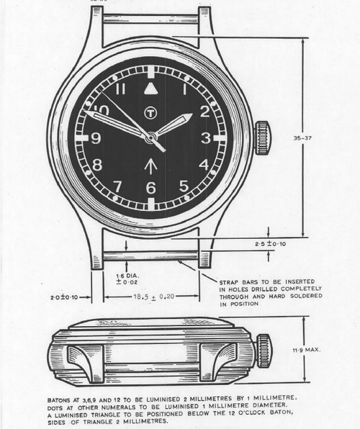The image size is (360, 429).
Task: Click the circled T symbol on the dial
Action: coord(150,112)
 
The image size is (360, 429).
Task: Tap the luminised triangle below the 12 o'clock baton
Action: coord(150,89)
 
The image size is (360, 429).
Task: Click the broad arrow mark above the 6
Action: coord(150,168)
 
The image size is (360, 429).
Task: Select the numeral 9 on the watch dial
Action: coord(96,138)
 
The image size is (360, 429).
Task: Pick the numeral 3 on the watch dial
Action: coord(206,138)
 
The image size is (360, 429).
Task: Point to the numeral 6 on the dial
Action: coord(150,188)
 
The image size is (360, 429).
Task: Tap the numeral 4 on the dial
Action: coord(204,164)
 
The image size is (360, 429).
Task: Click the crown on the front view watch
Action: coord(264,138)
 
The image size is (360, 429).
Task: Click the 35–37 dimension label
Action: coord(302,138)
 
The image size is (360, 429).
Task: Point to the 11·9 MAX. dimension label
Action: coord(307,350)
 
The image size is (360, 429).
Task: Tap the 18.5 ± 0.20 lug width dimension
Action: coord(154,296)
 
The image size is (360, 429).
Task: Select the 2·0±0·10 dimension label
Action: coord(64,297)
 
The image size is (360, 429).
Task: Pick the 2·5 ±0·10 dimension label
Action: coord(271,243)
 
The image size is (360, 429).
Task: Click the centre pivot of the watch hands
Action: coord(150,137)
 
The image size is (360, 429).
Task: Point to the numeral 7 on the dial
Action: coord(117,186)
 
